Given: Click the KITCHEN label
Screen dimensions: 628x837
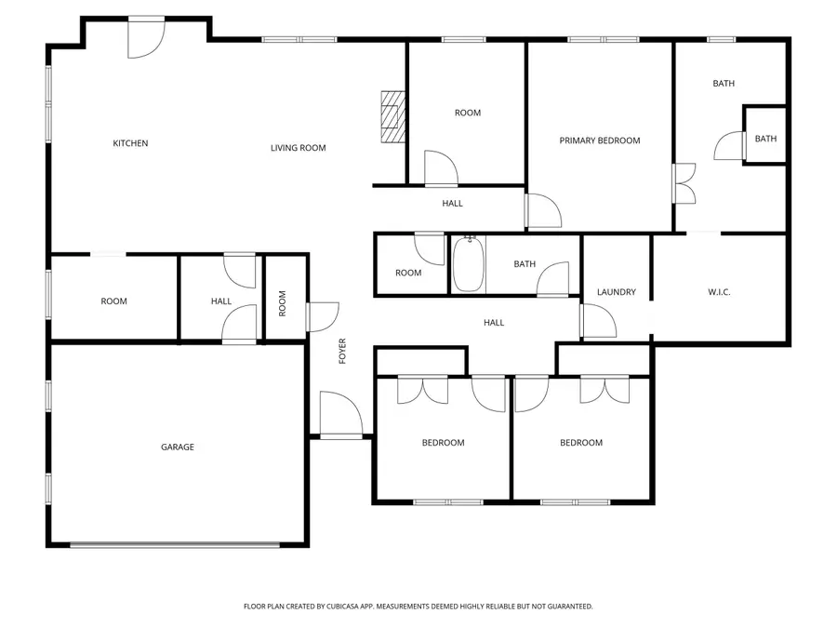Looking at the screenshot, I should [130, 143].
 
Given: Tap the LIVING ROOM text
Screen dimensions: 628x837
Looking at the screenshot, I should [298, 148].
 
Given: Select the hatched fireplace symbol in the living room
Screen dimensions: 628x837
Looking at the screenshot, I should [394, 116].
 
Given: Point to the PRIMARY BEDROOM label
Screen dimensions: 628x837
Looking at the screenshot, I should [599, 140].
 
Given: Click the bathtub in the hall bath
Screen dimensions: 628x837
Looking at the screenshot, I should [467, 264].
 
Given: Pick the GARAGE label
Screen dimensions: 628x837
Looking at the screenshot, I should [178, 448].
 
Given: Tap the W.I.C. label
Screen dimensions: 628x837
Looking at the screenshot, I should [719, 292].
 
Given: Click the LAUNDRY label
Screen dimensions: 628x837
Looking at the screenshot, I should [617, 292].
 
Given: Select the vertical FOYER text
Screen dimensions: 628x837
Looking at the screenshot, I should [342, 350].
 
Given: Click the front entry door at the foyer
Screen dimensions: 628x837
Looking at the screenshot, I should [339, 415].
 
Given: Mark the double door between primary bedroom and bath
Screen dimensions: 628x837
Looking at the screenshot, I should [684, 183].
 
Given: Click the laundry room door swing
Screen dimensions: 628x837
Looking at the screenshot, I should [597, 320].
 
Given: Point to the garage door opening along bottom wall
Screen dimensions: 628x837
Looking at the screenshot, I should [176, 544].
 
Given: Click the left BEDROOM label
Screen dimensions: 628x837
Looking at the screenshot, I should [443, 443].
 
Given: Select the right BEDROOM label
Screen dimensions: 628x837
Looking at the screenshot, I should [580, 443].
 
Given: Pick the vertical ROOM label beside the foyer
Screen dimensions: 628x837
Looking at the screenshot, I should [282, 303].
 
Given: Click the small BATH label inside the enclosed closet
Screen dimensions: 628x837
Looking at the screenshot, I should [765, 139].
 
